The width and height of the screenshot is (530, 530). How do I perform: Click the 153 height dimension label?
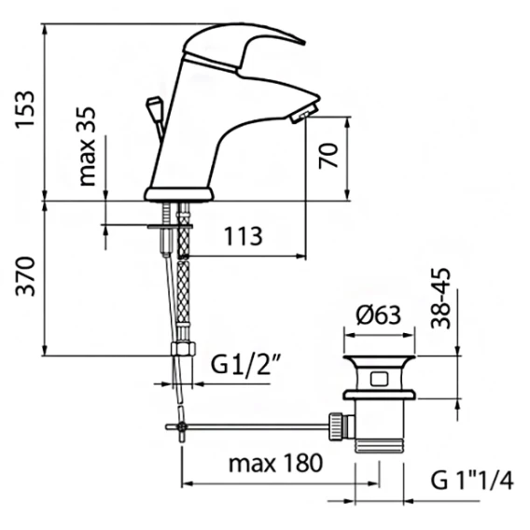[x=25, y=108]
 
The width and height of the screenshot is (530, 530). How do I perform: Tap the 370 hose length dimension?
[x=25, y=277]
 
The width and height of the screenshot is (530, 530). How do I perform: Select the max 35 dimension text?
[x=87, y=146]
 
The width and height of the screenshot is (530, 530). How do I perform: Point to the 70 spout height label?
[x=328, y=156]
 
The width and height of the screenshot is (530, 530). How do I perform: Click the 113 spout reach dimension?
[x=244, y=236]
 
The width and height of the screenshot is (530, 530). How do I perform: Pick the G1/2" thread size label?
[x=246, y=364]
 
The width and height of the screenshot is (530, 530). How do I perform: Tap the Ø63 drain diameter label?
[x=379, y=315]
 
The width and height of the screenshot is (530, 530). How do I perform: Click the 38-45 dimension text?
[x=440, y=299]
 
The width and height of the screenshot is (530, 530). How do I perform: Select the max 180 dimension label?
[x=276, y=463]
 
